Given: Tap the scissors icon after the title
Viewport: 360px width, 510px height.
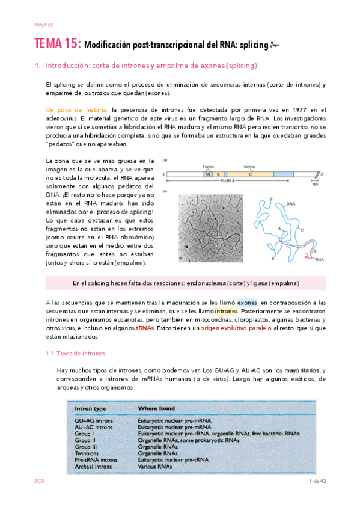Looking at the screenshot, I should pyautogui.click(x=275, y=45).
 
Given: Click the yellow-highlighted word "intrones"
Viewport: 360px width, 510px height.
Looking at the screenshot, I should pyautogui.click(x=226, y=312).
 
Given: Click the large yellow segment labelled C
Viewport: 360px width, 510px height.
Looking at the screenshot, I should pyautogui.click(x=249, y=173).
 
